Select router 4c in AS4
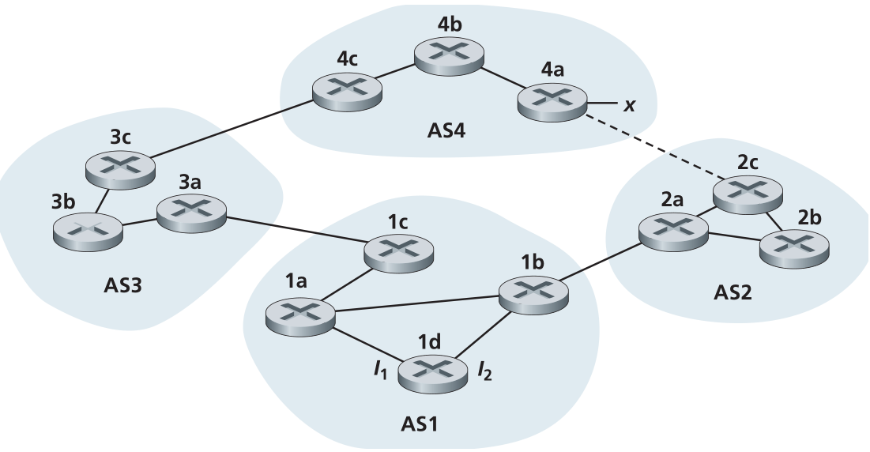tap(347, 90)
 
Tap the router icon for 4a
tap(552, 101)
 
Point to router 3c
tap(119, 166)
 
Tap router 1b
tap(533, 296)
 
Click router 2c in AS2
tap(748, 192)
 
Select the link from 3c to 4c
tap(229, 126)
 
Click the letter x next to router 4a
tap(629, 104)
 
